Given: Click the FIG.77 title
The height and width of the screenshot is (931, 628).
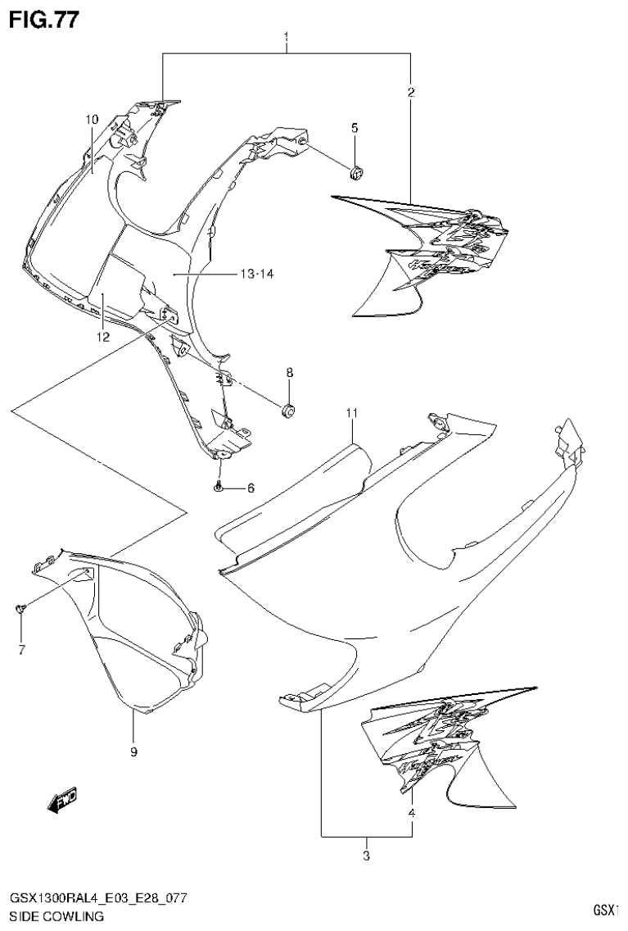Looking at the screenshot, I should pyautogui.click(x=43, y=20).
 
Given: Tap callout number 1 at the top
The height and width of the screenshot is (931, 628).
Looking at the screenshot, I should pyautogui.click(x=286, y=38).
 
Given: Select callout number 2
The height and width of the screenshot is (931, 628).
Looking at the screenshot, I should pyautogui.click(x=411, y=93).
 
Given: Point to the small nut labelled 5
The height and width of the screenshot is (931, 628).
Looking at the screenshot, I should pyautogui.click(x=356, y=172).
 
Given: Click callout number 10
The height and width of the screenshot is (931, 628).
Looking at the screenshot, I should pyautogui.click(x=93, y=120).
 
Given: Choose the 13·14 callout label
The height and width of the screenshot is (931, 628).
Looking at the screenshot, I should pyautogui.click(x=257, y=274).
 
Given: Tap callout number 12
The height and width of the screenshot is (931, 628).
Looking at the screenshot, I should pyautogui.click(x=102, y=336).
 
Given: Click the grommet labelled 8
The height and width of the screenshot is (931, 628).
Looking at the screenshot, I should pyautogui.click(x=288, y=409).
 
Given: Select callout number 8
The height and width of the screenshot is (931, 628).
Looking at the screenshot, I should pyautogui.click(x=289, y=373).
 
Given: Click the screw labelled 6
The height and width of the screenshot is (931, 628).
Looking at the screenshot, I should pyautogui.click(x=219, y=488).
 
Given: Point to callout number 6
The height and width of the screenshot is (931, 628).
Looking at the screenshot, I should pyautogui.click(x=251, y=488).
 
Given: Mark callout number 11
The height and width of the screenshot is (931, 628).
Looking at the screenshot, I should pyautogui.click(x=352, y=413).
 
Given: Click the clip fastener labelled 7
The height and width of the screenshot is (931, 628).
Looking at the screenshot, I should pyautogui.click(x=22, y=607).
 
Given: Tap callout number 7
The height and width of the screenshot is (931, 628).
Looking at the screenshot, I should pyautogui.click(x=22, y=650).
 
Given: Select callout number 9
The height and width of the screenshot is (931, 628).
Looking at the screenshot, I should pyautogui.click(x=133, y=752).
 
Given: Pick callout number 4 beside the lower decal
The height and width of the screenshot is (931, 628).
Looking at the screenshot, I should pyautogui.click(x=412, y=813).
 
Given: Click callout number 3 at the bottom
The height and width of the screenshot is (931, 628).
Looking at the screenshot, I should pyautogui.click(x=366, y=856).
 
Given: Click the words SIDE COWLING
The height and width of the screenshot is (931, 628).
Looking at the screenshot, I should pyautogui.click(x=56, y=916).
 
